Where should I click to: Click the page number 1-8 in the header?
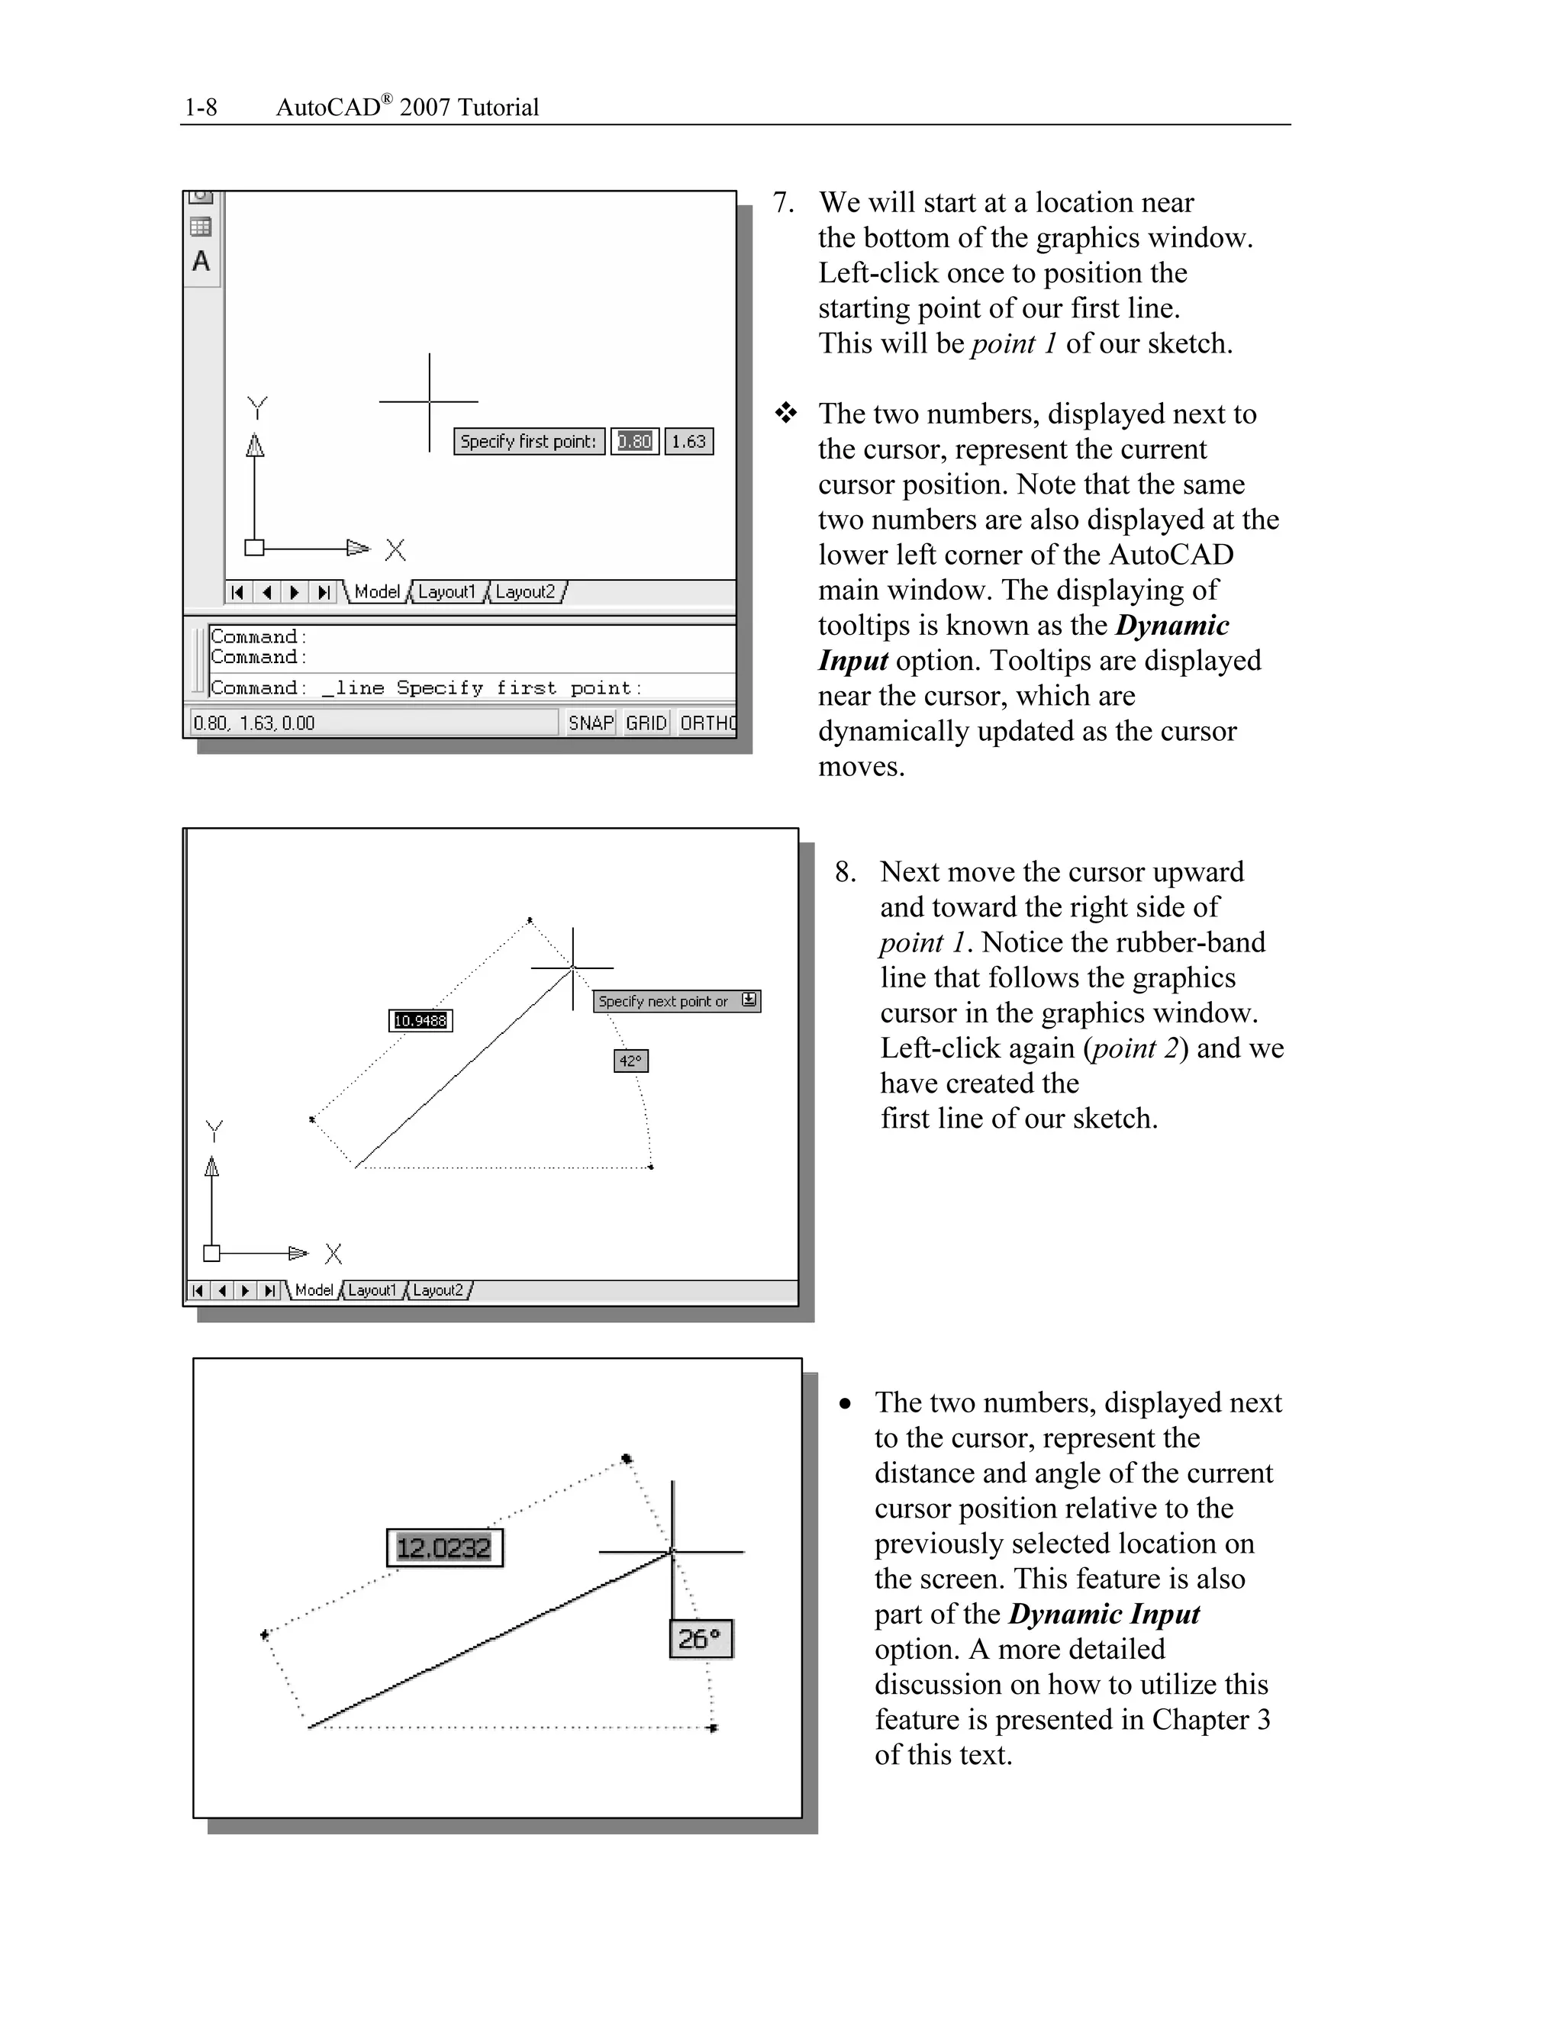coord(201,108)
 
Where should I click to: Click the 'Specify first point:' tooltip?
coord(529,442)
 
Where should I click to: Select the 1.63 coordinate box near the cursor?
coord(689,442)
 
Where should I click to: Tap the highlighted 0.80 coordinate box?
coord(635,442)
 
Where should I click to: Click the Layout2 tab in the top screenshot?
coord(526,591)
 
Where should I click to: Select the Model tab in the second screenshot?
coord(314,1290)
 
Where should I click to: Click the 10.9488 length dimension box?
coord(421,1020)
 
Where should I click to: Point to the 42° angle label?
coord(630,1061)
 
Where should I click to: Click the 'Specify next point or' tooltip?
coord(664,1001)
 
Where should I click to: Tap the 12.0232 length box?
coord(444,1548)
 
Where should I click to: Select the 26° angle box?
coord(700,1639)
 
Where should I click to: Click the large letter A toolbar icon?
coord(201,262)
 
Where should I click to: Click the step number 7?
coord(783,203)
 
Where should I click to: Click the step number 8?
coord(845,872)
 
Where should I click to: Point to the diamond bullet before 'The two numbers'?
coord(786,413)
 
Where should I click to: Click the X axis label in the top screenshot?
coord(395,550)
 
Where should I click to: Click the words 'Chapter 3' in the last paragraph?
coord(1210,1719)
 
